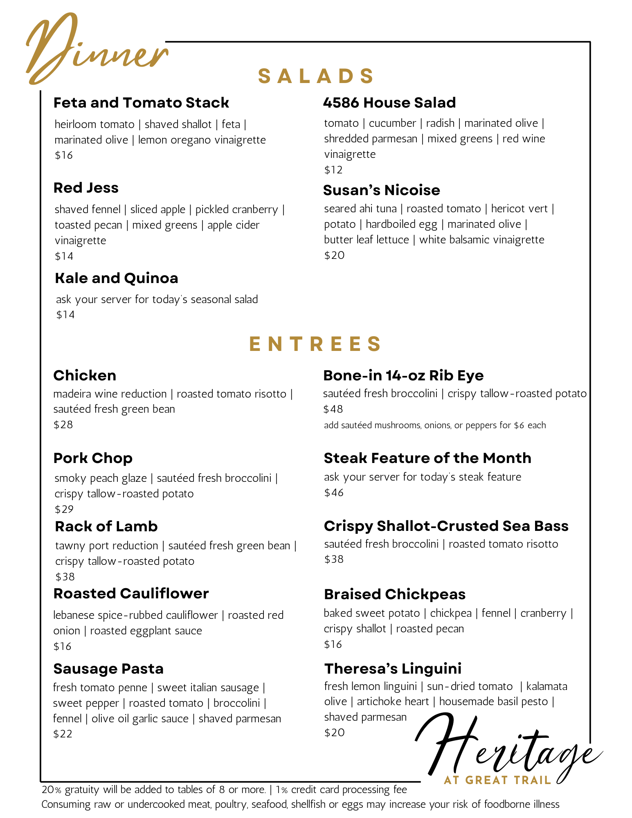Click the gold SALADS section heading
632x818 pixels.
pos(316,76)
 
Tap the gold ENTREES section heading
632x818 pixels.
pos(316,344)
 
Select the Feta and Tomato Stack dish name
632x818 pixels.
pos(141,103)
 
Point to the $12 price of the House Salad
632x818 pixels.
pos(333,170)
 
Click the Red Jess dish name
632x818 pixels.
pos(86,188)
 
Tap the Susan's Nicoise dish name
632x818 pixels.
pos(381,190)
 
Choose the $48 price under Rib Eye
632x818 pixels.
pos(333,409)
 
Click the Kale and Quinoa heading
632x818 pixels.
pos(117,278)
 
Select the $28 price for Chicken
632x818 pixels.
pos(63,425)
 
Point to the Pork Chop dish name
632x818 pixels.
pos(93,458)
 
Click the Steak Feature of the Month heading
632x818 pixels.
pos(427,458)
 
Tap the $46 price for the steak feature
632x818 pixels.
pos(334,492)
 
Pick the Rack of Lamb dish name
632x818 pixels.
pos(106,526)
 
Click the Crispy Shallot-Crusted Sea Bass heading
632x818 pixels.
pos(446,526)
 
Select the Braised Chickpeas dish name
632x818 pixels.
pos(395,594)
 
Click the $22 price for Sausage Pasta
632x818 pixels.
pos(63,734)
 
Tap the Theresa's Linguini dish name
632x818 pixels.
pos(393,668)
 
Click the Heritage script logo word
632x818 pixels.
pos(507,748)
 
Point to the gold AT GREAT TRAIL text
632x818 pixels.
pos(497,780)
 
